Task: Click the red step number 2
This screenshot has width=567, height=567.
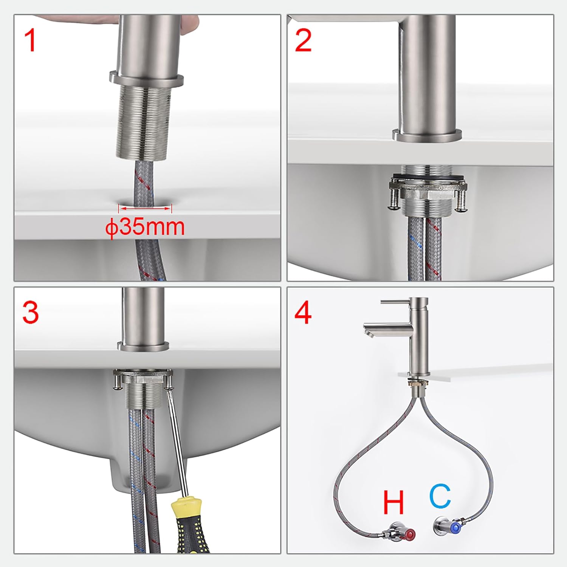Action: click(x=303, y=40)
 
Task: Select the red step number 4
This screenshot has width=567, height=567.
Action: click(x=303, y=313)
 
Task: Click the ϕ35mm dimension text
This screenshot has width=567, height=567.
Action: click(x=145, y=227)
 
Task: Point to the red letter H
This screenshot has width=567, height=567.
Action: click(x=393, y=502)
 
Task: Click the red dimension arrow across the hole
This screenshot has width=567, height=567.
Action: click(x=145, y=207)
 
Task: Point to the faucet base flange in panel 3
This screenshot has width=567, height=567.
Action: click(x=143, y=346)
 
